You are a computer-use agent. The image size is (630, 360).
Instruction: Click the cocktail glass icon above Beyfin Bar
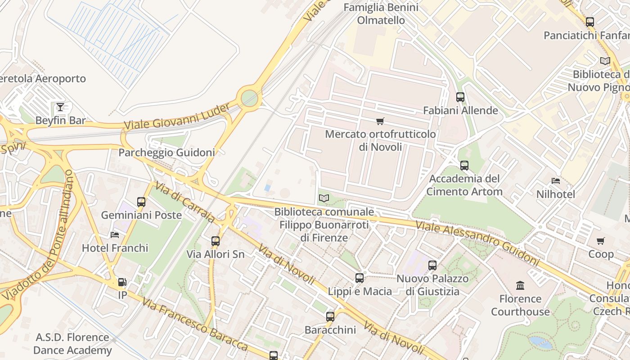(x=60, y=107)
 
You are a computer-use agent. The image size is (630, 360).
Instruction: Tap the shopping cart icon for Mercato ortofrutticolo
(x=380, y=121)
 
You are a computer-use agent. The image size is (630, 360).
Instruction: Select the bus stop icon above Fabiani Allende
(x=460, y=97)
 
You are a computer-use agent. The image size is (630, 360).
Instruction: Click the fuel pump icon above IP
(x=122, y=282)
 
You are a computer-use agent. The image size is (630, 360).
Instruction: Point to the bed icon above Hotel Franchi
(x=115, y=234)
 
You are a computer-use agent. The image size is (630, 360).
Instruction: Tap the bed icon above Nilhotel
(x=556, y=181)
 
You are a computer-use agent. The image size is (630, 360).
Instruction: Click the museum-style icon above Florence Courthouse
(x=520, y=285)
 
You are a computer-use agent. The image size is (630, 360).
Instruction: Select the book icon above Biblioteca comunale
(x=324, y=198)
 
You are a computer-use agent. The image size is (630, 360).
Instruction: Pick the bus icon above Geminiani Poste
(x=141, y=202)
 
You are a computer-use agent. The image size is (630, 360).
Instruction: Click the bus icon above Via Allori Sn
(x=216, y=241)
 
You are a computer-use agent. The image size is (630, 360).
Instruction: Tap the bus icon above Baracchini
(x=330, y=316)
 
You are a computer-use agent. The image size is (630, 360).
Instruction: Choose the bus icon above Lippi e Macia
(x=359, y=278)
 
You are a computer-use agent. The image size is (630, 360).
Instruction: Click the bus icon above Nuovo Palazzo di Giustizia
(x=432, y=265)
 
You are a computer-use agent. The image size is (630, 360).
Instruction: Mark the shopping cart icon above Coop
(x=601, y=241)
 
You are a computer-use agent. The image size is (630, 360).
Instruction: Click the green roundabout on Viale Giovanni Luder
(x=249, y=98)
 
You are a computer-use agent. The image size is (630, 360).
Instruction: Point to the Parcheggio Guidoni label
(x=166, y=153)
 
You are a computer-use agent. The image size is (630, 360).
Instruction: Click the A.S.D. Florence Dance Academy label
(x=72, y=344)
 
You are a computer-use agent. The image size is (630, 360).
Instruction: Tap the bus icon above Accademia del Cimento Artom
(x=464, y=165)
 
